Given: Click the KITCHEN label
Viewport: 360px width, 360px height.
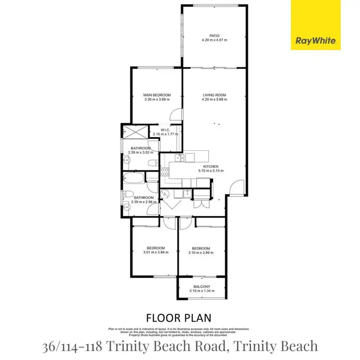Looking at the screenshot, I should (210, 167).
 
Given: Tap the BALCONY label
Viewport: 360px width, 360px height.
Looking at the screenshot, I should (201, 286).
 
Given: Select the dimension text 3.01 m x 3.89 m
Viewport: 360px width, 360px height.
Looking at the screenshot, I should (156, 252).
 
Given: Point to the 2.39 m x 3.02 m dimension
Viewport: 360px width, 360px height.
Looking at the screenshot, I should (141, 153).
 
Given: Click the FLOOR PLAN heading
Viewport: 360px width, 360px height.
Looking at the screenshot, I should (180, 318).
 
